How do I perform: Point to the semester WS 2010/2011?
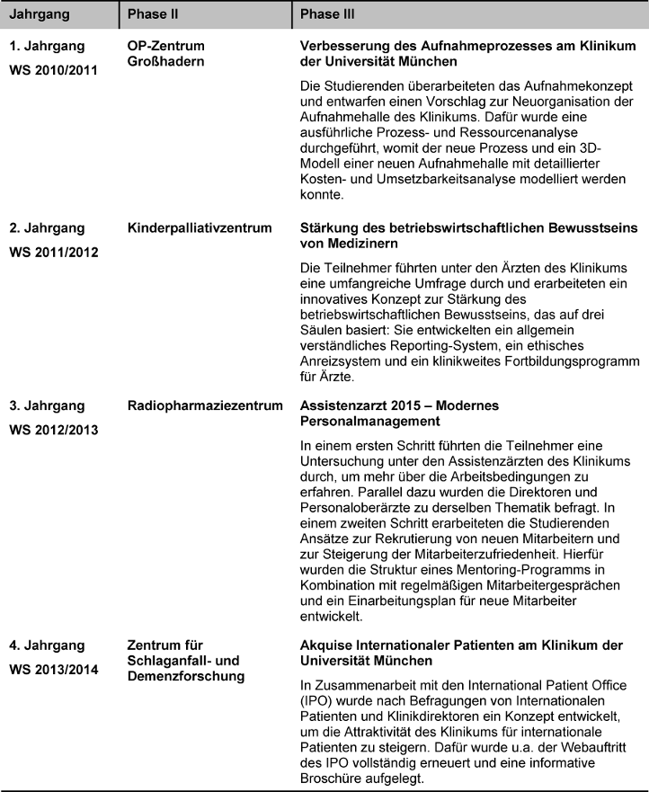55,68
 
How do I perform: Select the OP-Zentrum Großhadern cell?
165,54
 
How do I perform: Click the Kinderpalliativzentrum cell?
200,228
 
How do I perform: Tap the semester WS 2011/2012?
55,251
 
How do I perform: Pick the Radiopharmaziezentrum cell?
206,406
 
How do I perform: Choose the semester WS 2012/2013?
55,429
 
